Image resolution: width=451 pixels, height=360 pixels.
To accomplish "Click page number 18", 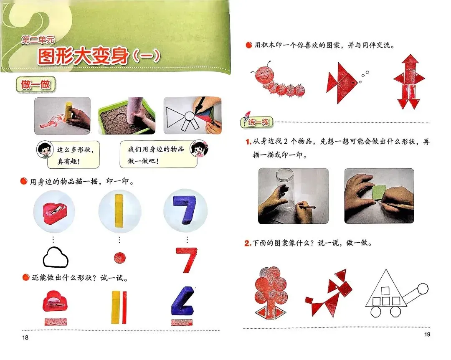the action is click(x=25, y=337).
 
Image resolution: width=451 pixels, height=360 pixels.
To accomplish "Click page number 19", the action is click(x=427, y=334).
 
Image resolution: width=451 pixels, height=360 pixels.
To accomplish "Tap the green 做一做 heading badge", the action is click(x=35, y=85).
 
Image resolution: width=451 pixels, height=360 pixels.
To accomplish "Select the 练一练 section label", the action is click(x=256, y=122).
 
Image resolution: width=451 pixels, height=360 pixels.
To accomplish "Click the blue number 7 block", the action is click(x=185, y=210).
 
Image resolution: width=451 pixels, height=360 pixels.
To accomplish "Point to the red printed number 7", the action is click(x=187, y=260).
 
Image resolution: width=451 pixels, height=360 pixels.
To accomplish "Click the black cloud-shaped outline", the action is click(x=56, y=257).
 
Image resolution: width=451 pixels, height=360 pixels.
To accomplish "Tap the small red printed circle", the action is click(x=120, y=258).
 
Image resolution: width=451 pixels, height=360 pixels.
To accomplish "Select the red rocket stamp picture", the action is click(x=409, y=82).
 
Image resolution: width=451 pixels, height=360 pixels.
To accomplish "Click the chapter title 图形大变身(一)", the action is click(x=99, y=56).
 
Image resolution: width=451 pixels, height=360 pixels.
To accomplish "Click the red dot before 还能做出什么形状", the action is click(x=26, y=277).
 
